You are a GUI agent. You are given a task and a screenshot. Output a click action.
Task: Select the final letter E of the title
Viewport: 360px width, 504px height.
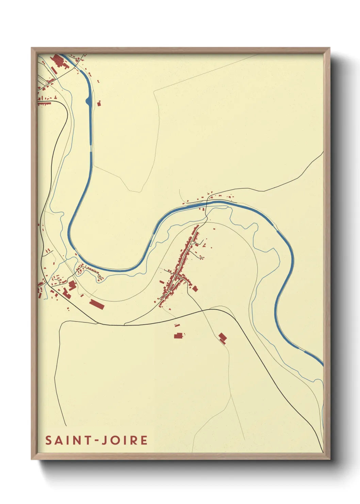click(x=144, y=440)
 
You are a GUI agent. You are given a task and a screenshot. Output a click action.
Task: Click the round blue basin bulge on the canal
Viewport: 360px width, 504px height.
click(x=88, y=101)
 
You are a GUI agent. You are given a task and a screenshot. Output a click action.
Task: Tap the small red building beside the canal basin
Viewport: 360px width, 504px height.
click(x=99, y=104)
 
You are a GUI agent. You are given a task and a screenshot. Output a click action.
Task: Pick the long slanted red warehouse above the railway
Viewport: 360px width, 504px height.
click(x=97, y=304)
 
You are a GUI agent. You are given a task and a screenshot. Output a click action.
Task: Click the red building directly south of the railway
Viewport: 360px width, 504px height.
click(x=178, y=336)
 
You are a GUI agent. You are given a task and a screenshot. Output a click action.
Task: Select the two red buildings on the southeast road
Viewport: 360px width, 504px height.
click(x=223, y=338)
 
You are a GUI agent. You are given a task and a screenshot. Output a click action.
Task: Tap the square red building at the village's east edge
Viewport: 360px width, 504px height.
click(x=195, y=289)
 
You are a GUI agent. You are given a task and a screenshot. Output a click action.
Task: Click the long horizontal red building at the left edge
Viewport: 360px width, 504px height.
click(x=44, y=103)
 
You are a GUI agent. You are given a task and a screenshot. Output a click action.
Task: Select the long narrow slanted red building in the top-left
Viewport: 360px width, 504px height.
click(x=54, y=70)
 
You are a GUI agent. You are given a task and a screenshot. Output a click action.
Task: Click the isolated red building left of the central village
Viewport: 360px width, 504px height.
click(x=162, y=282)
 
